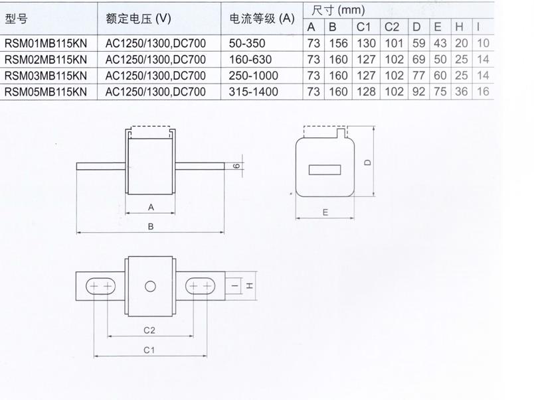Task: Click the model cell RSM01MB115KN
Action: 46,43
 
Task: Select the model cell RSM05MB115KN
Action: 46,92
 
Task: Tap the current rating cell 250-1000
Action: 253,76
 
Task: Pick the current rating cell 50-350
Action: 247,43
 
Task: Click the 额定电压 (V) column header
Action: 138,19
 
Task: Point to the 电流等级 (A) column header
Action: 262,19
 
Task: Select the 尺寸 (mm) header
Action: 338,10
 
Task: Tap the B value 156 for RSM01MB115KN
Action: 338,43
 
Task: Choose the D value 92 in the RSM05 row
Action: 418,92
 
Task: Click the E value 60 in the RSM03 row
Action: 440,76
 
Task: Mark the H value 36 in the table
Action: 461,92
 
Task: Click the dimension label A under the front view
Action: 151,207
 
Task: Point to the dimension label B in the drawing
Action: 151,226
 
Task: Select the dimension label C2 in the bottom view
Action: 149,330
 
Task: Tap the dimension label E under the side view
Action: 325,212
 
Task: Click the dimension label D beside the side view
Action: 368,163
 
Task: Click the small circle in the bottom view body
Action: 150,287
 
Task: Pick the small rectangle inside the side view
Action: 325,170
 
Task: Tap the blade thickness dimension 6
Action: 237,166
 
